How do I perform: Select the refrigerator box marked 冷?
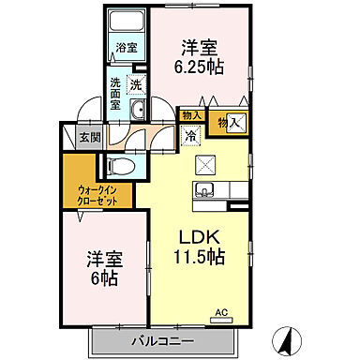[x=191, y=136]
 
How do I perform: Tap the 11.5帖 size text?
[x=202, y=255]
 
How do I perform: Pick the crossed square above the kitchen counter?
[x=205, y=164]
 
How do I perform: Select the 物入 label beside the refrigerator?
[x=190, y=115]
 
